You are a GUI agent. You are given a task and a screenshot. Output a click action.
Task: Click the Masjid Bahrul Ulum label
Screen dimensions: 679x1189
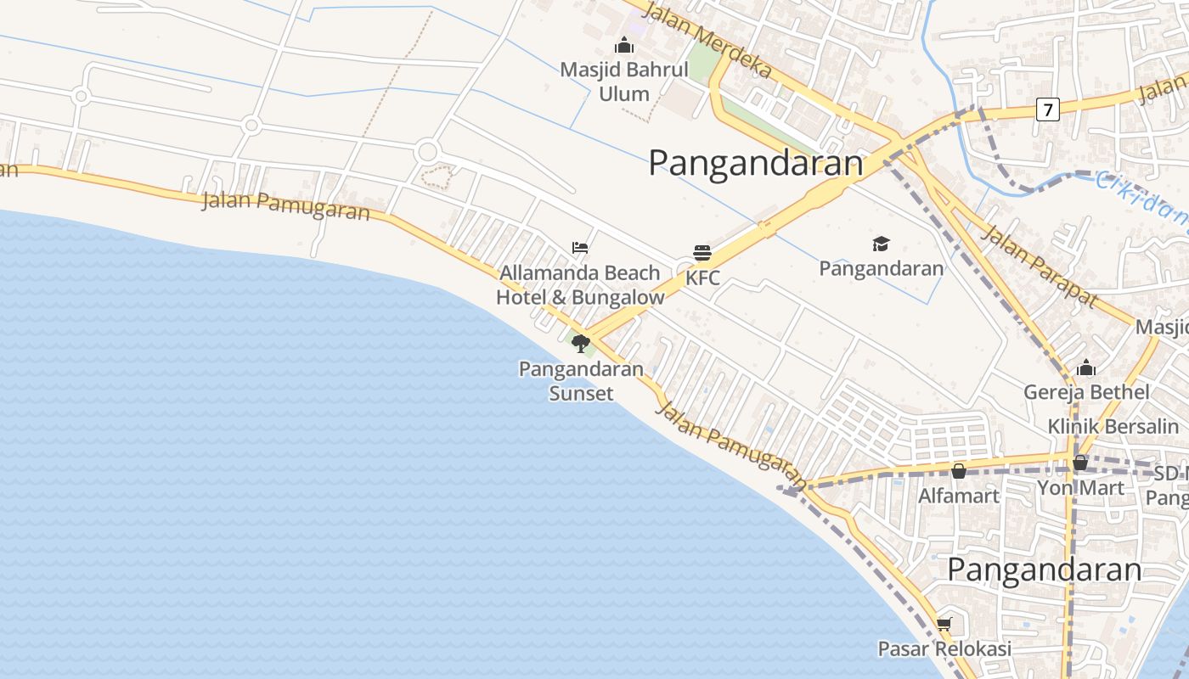[x=624, y=81]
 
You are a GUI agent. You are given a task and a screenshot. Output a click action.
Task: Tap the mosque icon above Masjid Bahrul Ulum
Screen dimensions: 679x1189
[x=624, y=45]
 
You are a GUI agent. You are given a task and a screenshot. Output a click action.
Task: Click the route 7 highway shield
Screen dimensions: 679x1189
[x=1048, y=109]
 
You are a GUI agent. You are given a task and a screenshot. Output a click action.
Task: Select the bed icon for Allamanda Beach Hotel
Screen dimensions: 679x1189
[x=580, y=248]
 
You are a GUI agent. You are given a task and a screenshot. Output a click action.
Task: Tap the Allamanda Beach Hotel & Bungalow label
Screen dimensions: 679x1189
[x=580, y=285]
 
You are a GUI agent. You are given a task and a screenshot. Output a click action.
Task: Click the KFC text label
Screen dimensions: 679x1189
[x=702, y=278]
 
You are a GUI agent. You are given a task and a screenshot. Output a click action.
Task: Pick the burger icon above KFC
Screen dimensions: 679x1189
[x=702, y=252]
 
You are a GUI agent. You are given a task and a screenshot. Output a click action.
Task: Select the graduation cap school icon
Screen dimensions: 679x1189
[x=881, y=244]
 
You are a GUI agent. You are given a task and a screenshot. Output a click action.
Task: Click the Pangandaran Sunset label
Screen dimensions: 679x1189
[x=582, y=381]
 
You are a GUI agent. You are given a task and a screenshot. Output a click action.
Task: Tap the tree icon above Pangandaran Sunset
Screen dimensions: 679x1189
[x=581, y=343]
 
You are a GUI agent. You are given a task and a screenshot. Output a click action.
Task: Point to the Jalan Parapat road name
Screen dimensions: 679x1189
[x=1038, y=266]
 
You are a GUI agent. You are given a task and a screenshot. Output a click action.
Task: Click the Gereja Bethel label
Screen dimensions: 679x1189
[x=1086, y=392]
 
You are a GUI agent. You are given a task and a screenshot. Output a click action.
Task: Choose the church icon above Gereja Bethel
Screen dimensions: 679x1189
[x=1086, y=368]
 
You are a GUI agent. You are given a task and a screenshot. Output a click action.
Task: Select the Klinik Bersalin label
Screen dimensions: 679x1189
[x=1113, y=426]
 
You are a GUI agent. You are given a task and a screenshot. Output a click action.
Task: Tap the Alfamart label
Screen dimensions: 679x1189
[x=959, y=495]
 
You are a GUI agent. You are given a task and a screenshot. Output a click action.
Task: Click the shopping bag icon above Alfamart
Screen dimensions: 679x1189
[x=959, y=471]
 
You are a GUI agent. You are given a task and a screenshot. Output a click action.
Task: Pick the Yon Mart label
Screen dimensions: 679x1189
[x=1080, y=488]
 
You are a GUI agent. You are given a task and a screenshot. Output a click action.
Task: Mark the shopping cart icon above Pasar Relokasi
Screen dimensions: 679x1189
[x=944, y=625]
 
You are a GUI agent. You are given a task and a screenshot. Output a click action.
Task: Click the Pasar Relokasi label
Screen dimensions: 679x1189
[x=944, y=649]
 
